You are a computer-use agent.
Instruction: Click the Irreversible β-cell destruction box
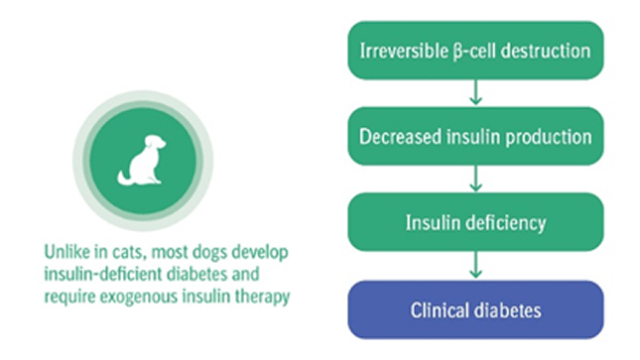pos(475,51)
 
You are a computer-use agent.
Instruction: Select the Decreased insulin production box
pos(475,136)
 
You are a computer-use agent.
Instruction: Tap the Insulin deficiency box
pos(475,222)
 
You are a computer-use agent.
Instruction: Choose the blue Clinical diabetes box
pos(475,309)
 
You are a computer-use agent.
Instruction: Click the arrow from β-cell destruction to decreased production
pos(475,93)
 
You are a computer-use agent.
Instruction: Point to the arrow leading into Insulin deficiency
pos(475,179)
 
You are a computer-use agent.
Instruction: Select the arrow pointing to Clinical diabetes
pos(475,265)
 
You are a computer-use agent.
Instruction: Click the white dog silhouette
pos(142,161)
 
